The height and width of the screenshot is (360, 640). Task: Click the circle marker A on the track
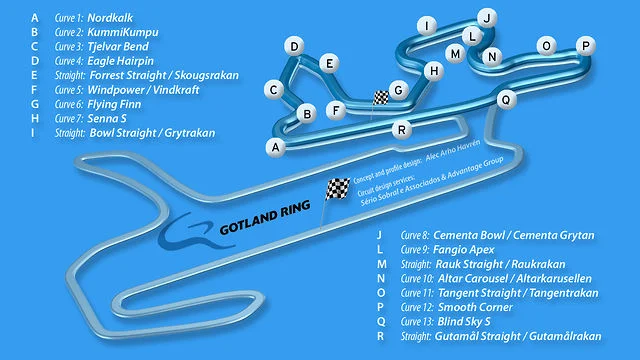coord(273,147)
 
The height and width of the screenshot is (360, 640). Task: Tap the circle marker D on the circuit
coord(294,47)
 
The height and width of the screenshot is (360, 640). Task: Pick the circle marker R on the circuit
coord(401,129)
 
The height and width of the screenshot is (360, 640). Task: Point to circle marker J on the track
coord(487,17)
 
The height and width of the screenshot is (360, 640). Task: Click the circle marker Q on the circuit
coord(506,99)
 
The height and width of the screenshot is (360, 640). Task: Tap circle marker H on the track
coord(433,71)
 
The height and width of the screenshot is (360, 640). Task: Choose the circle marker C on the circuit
coord(273,89)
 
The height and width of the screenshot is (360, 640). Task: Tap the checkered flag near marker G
coord(381,98)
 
